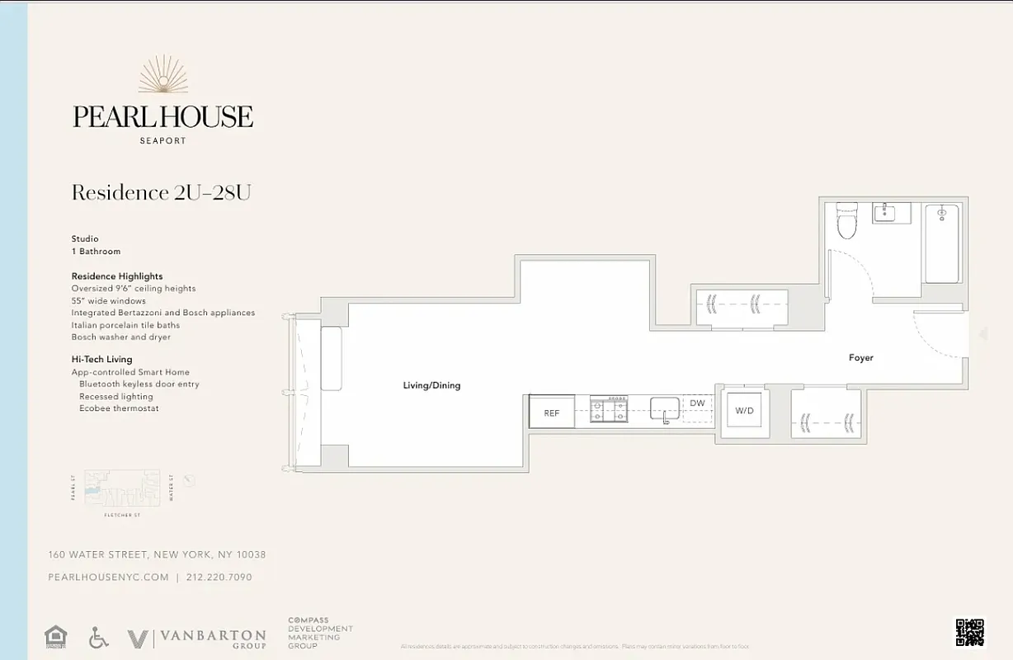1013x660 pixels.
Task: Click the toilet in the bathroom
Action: (847, 221)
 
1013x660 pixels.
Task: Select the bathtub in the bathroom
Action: (941, 243)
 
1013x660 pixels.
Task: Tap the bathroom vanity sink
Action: (891, 213)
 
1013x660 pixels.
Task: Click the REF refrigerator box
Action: (552, 412)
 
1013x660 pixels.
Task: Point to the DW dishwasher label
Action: (697, 403)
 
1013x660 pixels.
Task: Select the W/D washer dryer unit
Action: (745, 410)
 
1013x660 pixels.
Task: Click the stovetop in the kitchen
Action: (609, 410)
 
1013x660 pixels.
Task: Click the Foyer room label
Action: (860, 358)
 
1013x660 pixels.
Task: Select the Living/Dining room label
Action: (431, 385)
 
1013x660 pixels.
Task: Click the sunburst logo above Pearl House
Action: (163, 75)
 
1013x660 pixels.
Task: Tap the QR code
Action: (969, 632)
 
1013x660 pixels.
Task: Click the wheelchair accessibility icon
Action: (98, 638)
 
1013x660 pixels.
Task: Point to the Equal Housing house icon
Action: (56, 637)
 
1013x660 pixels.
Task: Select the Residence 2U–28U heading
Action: (161, 193)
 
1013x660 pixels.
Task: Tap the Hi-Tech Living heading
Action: (101, 360)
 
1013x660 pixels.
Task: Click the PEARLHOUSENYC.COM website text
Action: (108, 577)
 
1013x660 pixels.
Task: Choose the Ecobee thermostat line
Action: (119, 408)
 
